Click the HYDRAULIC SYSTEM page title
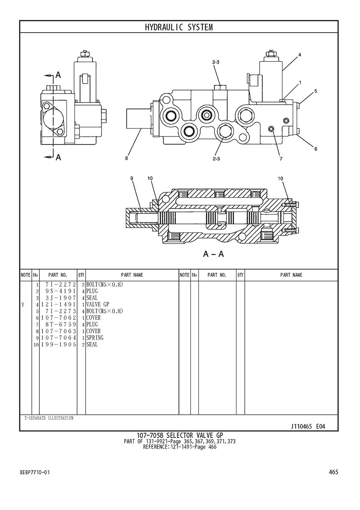tap(179, 27)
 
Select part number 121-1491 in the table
tap(58, 305)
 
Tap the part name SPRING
tap(95, 338)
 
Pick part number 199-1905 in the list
tap(58, 344)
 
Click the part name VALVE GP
tap(97, 305)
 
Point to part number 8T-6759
tap(60, 324)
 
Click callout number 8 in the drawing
tap(126, 159)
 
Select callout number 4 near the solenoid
tap(300, 55)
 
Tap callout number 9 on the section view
tap(132, 178)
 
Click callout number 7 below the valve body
tap(281, 159)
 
